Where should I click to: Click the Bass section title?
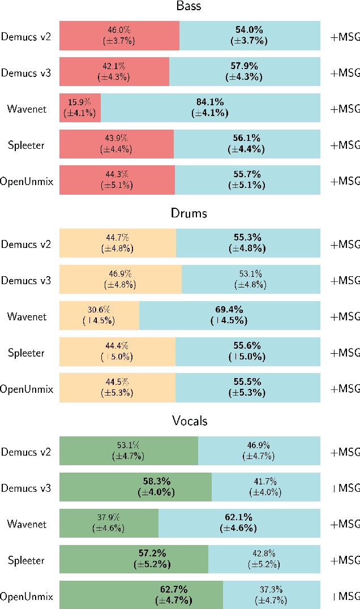(x=189, y=7)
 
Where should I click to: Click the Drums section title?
(x=189, y=213)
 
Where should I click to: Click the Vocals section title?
(x=190, y=421)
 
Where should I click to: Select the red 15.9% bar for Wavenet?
(x=80, y=108)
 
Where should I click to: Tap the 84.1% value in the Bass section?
(x=210, y=102)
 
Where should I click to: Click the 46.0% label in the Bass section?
(x=118, y=30)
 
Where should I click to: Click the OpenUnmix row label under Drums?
(x=27, y=389)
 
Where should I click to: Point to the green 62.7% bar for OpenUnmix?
(x=141, y=595)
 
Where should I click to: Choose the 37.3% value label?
(x=271, y=590)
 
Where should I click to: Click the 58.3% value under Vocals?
(x=156, y=481)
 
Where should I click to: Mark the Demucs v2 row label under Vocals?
(x=26, y=452)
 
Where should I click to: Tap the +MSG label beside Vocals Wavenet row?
(x=345, y=524)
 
